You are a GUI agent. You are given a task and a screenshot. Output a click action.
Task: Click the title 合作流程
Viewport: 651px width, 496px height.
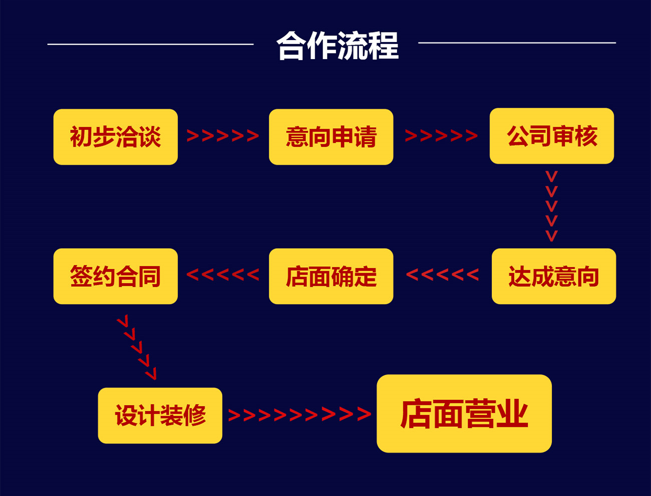point(338,46)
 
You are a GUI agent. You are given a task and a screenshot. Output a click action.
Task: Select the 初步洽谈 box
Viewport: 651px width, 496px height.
point(115,137)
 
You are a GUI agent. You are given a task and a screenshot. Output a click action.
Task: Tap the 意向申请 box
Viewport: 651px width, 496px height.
point(331,137)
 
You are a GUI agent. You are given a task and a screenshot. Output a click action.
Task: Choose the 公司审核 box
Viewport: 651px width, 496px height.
point(551,136)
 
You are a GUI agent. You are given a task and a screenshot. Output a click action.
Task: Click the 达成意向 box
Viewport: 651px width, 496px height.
point(553,276)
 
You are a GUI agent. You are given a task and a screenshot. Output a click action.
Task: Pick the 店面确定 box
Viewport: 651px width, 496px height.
point(331,276)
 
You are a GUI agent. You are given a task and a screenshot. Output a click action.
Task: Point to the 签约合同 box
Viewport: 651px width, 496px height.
point(115,276)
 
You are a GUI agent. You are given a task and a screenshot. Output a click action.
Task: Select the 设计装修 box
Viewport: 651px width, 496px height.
point(160,415)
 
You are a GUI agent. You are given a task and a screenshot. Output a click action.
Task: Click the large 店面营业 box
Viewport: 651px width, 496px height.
point(464,413)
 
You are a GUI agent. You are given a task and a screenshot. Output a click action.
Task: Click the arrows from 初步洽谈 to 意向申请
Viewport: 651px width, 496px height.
point(223,136)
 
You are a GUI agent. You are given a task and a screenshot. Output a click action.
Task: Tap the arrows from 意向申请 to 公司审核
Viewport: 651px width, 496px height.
point(441,136)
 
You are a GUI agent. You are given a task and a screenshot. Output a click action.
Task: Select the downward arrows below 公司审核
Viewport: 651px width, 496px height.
point(551,206)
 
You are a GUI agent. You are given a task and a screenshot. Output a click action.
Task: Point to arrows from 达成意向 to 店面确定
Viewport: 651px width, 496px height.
point(442,274)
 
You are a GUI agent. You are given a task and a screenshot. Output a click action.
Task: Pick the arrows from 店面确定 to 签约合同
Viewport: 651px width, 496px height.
point(223,274)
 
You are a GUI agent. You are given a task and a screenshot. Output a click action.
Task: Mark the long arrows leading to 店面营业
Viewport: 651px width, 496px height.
point(299,414)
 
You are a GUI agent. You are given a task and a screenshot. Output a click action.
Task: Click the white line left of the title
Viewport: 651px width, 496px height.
point(150,44)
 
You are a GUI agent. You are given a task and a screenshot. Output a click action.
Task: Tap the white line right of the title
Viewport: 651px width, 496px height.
point(517,43)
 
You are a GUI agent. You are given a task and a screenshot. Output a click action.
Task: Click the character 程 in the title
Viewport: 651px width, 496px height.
point(384,46)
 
